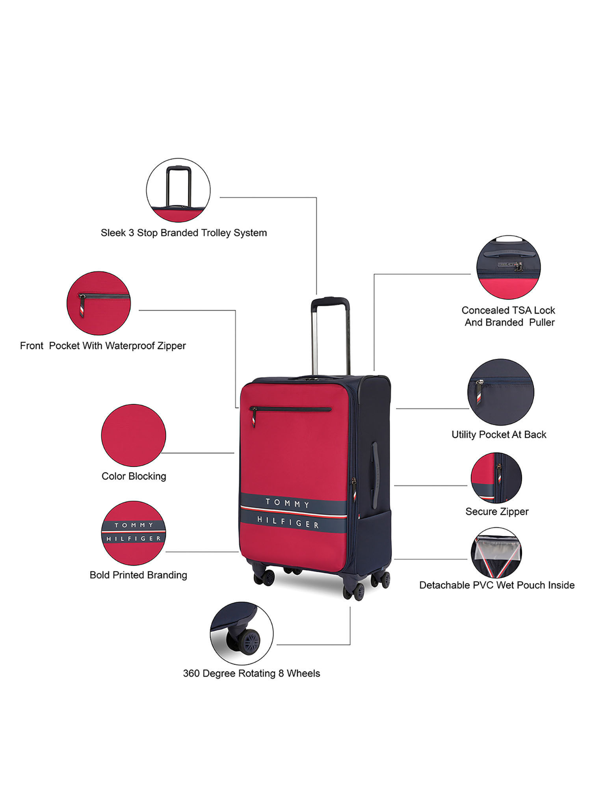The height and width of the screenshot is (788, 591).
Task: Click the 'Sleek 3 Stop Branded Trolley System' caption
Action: pyautogui.click(x=184, y=233)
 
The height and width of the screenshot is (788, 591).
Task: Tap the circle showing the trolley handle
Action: pyautogui.click(x=178, y=190)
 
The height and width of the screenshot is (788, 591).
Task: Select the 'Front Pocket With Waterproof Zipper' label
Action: pyautogui.click(x=103, y=346)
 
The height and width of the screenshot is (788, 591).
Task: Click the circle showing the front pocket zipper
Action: pyautogui.click(x=98, y=303)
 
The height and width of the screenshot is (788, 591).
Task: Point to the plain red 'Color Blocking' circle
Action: pyautogui.click(x=134, y=435)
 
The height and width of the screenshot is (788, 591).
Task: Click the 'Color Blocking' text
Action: pyautogui.click(x=134, y=476)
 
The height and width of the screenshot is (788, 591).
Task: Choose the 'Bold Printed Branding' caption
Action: pyautogui.click(x=138, y=575)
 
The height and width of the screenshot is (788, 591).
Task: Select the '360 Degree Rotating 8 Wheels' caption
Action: pyautogui.click(x=251, y=673)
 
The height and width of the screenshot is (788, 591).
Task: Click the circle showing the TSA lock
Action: pyautogui.click(x=508, y=267)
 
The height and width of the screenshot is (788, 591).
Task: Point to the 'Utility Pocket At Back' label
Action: pyautogui.click(x=499, y=435)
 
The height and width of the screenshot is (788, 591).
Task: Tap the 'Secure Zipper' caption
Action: pyautogui.click(x=497, y=511)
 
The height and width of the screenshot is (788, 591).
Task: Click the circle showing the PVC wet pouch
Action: pyautogui.click(x=496, y=553)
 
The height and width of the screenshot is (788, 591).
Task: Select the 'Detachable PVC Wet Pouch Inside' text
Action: pyautogui.click(x=497, y=585)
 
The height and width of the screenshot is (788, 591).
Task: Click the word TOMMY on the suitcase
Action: pyautogui.click(x=288, y=504)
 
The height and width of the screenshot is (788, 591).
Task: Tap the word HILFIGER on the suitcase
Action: pyautogui.click(x=288, y=522)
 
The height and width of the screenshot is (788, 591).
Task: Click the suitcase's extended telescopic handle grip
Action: pyautogui.click(x=330, y=302)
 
